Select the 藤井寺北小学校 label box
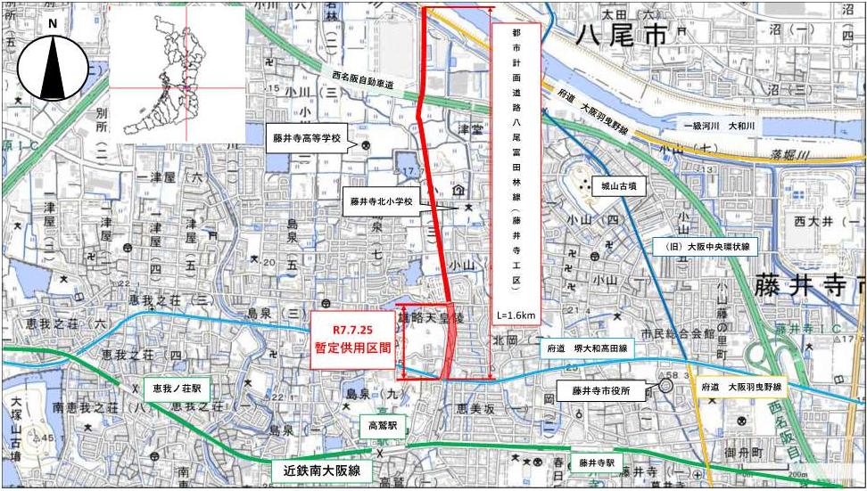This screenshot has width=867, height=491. click(382, 203)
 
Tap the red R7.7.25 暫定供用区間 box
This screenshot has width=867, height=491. click(351, 340)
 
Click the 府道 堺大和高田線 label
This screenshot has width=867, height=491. click(587, 350)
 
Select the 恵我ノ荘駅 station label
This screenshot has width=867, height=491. click(176, 389)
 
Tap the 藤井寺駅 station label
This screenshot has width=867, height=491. click(597, 462)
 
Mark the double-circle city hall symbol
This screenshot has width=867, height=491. click(666, 386)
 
